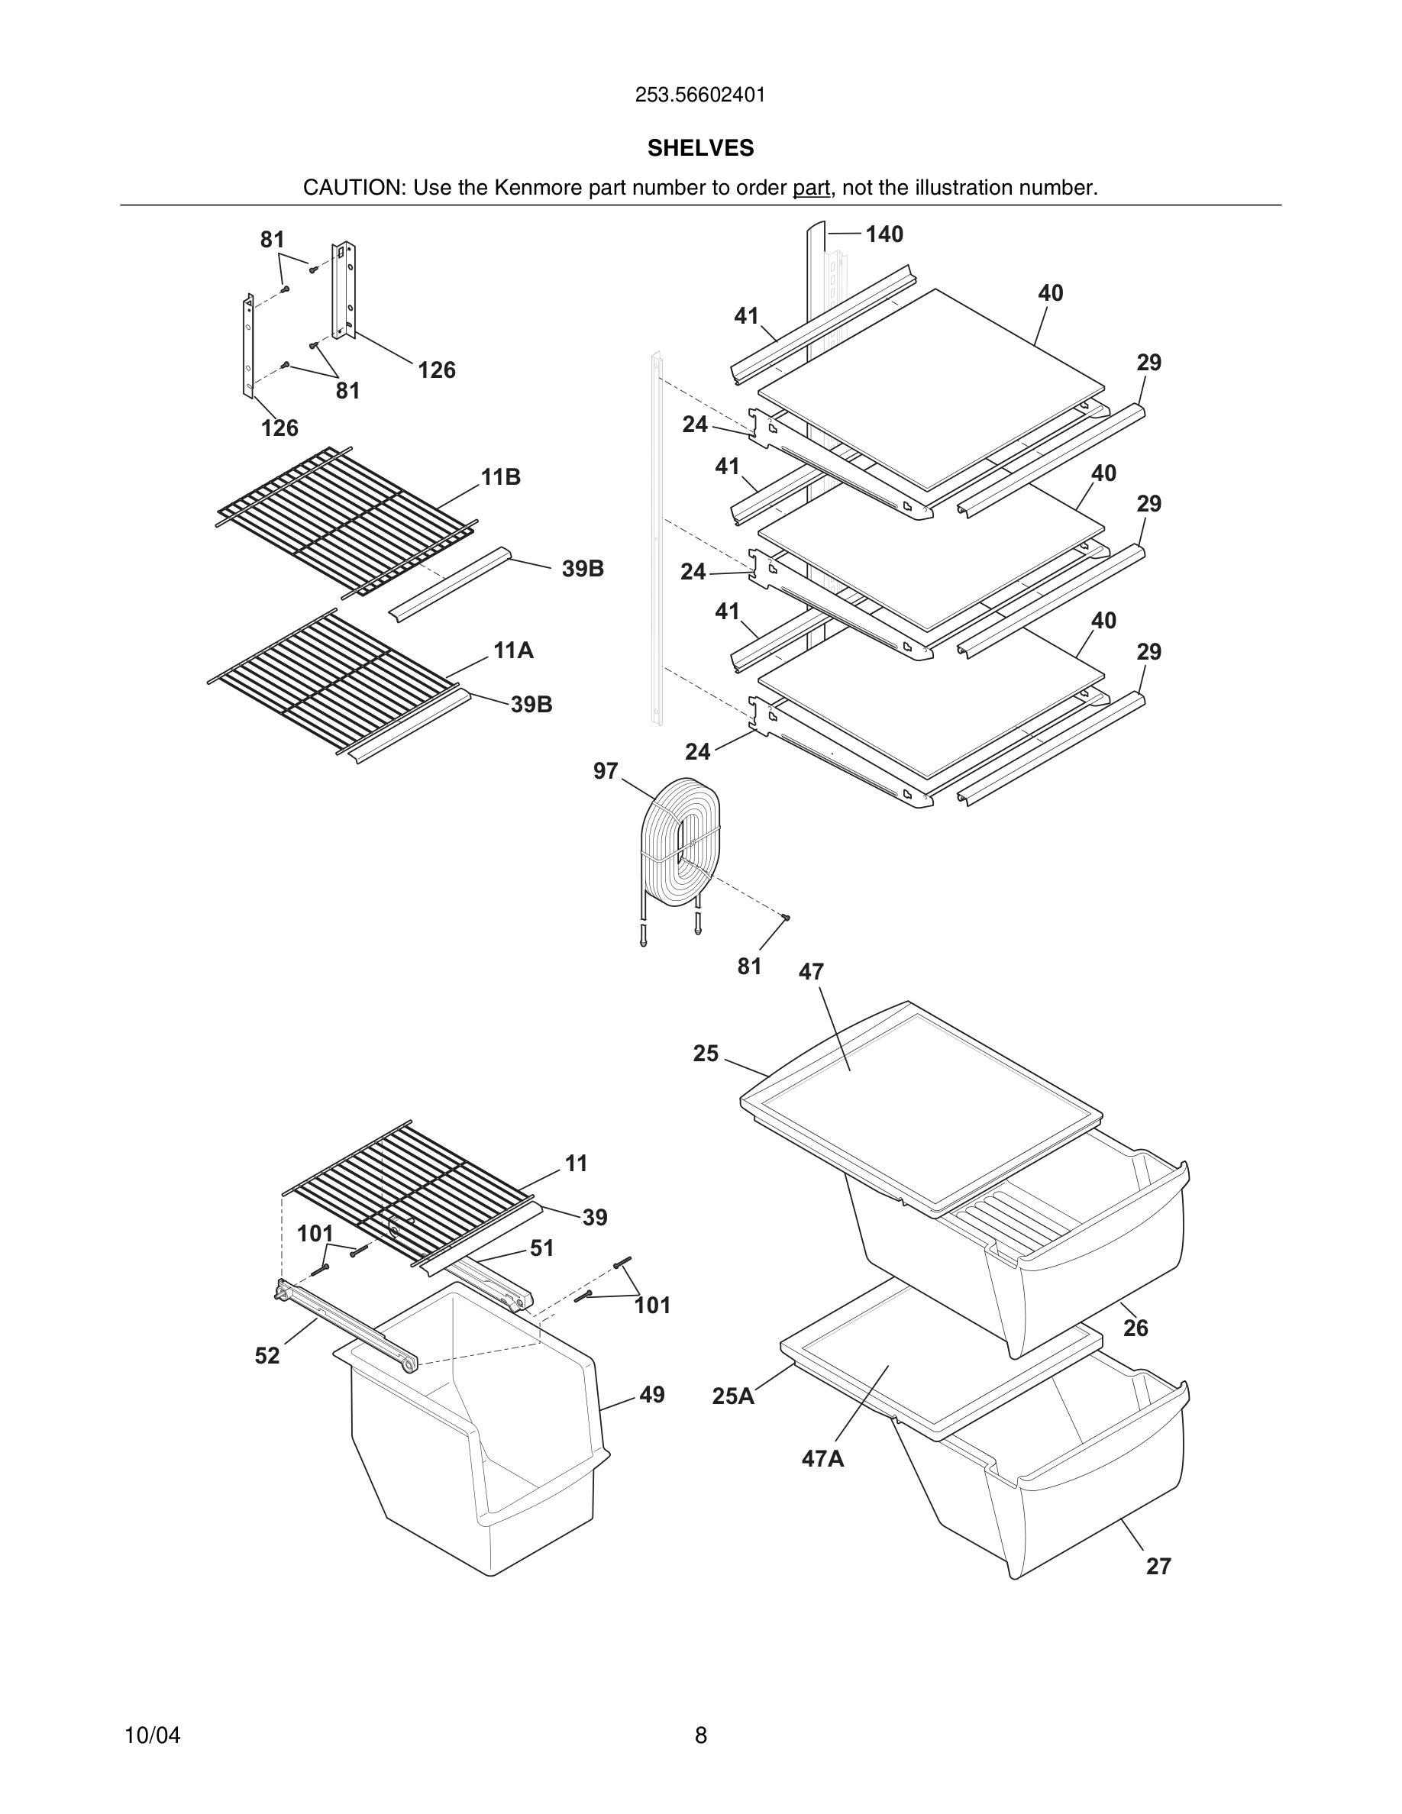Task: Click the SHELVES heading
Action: point(700,148)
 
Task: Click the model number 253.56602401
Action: point(700,95)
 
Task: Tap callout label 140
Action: point(884,235)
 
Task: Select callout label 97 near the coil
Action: point(605,772)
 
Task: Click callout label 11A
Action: point(512,650)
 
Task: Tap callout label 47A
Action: point(822,1458)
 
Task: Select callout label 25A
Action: point(732,1396)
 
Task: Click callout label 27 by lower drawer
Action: point(1158,1566)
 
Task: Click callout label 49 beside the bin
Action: point(651,1395)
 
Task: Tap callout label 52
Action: point(267,1355)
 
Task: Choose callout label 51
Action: point(541,1248)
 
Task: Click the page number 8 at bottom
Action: point(700,1735)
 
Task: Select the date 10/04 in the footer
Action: point(152,1735)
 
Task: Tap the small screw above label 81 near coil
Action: point(786,917)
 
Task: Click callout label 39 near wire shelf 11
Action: point(594,1218)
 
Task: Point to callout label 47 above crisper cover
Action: point(811,972)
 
